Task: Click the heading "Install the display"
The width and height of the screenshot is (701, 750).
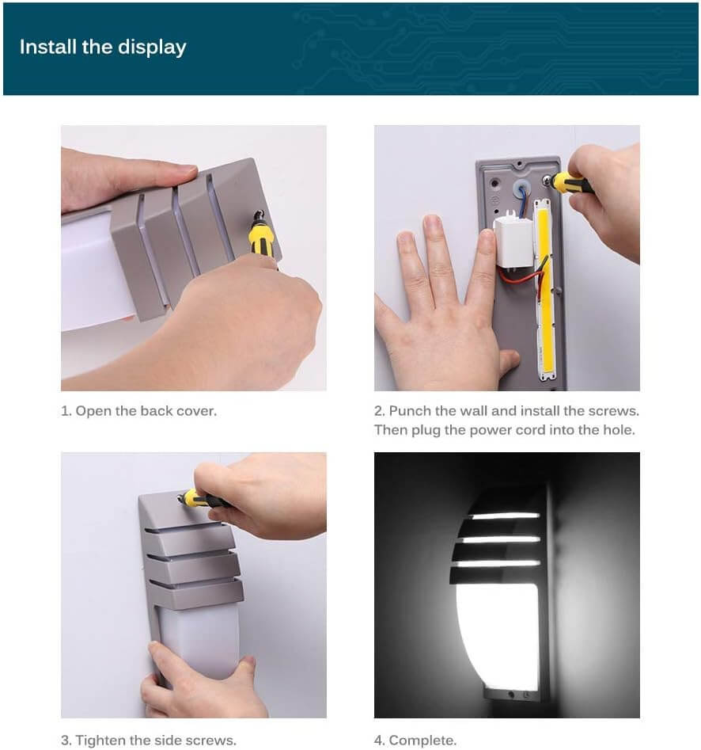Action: tap(103, 48)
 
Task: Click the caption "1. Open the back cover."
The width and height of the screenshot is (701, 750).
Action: tap(138, 411)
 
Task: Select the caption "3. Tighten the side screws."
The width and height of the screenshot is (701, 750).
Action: tap(149, 740)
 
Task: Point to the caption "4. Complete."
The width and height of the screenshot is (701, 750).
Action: tap(415, 740)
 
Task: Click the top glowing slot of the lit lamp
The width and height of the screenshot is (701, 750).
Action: tap(504, 516)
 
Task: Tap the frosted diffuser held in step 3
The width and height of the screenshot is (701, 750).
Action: tap(201, 641)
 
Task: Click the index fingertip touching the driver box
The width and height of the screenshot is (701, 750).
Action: tap(487, 237)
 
